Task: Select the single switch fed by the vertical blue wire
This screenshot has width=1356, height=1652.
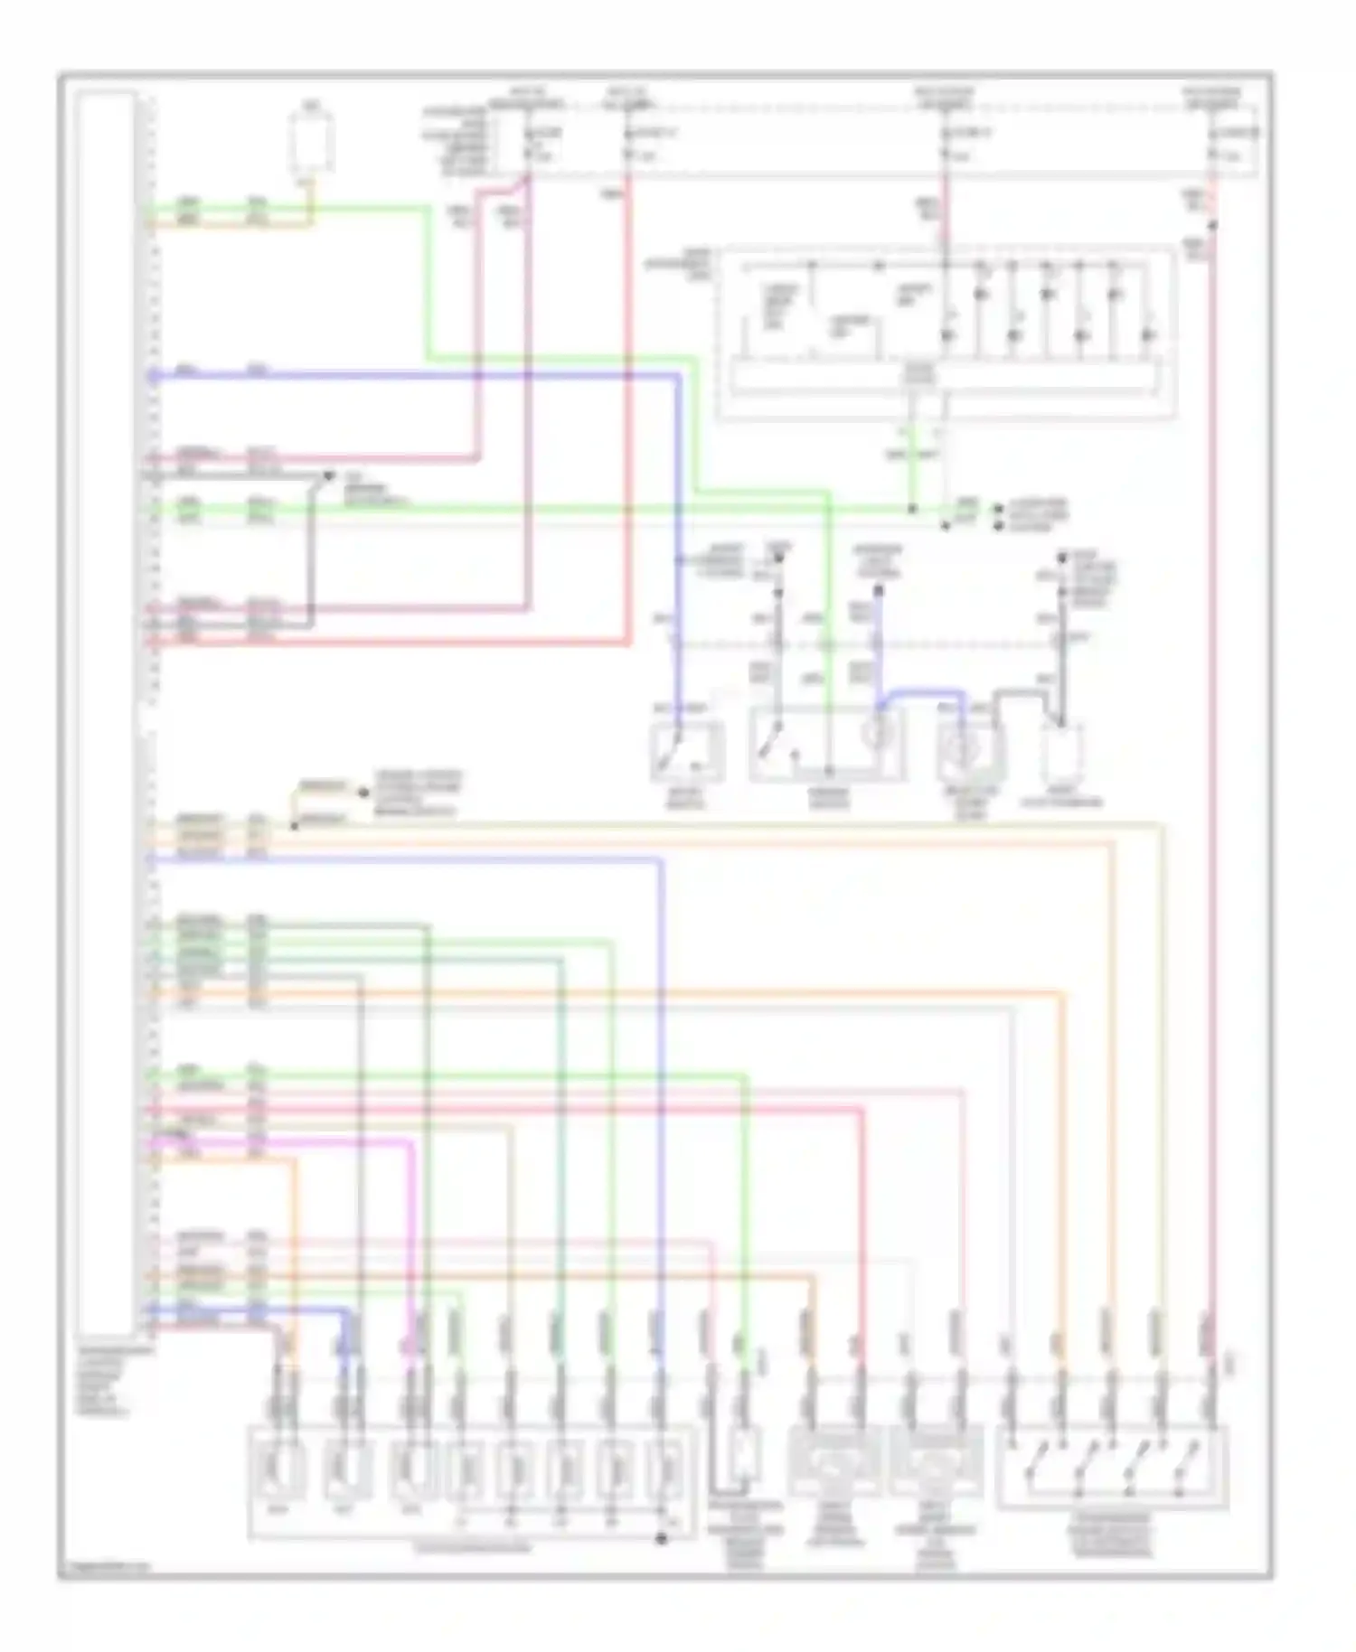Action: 687,752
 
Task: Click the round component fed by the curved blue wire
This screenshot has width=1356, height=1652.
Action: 968,749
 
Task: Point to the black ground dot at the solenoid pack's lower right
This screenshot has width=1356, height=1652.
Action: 662,1538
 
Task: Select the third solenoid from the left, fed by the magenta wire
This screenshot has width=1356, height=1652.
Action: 415,1470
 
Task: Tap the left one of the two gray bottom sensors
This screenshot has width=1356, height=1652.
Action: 833,1460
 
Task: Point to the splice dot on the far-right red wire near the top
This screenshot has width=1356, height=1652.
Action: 1212,226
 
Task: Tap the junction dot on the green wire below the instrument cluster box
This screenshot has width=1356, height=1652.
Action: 913,510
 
